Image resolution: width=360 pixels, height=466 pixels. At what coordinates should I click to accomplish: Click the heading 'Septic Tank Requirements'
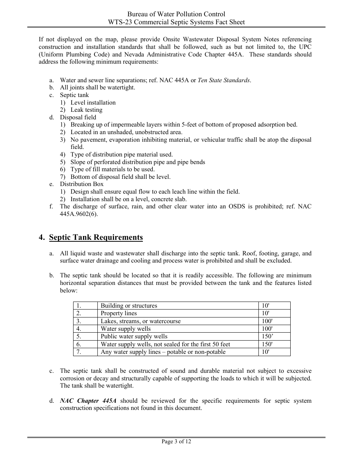[96, 238]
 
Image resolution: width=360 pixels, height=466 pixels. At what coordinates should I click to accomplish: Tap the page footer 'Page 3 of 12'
[176, 441]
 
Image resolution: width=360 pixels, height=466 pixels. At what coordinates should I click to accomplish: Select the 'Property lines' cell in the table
[119, 313]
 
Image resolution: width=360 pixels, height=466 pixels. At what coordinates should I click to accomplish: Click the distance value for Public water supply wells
[268, 336]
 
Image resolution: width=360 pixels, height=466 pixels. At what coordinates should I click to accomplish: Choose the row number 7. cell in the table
[79, 352]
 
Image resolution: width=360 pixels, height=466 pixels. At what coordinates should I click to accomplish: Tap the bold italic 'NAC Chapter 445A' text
[88, 401]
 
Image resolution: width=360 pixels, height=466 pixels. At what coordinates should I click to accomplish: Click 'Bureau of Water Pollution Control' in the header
[176, 14]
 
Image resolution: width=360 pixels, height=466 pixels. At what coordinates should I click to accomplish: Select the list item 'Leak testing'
[86, 110]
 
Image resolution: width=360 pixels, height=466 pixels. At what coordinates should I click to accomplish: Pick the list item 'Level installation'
[93, 103]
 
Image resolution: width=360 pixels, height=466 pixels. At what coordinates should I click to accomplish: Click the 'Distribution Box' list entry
[81, 184]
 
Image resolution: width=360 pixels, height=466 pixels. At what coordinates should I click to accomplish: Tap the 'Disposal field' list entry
[78, 117]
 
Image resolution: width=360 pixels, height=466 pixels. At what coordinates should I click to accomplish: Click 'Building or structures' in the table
[129, 306]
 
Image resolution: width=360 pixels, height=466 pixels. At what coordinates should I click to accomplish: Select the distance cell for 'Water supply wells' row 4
[267, 329]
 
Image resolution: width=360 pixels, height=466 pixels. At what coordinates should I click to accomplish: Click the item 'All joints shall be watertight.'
[97, 88]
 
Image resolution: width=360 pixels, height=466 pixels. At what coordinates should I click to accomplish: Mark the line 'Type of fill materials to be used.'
[113, 169]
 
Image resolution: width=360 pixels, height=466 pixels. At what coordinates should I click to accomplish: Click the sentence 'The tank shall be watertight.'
[97, 386]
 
